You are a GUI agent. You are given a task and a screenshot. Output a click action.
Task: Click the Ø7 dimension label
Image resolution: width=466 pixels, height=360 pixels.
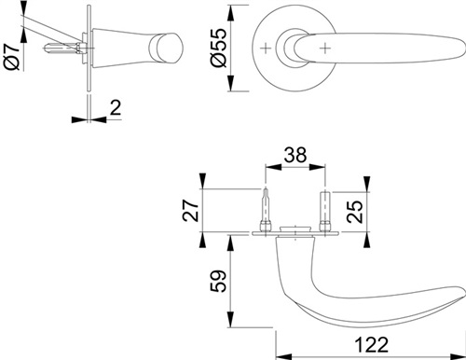tap(11, 57)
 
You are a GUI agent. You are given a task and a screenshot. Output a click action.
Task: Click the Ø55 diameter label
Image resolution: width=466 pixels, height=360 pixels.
tap(218, 48)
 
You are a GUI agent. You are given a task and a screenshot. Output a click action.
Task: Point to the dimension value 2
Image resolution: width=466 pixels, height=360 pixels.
tap(116, 107)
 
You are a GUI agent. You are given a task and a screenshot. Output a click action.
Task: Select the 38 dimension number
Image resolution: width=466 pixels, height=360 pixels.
tap(295, 155)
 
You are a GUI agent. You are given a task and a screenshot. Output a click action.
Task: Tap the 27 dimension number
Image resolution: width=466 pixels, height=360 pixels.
tap(190, 210)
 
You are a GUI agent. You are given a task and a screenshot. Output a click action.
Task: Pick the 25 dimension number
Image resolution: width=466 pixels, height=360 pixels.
tap(354, 212)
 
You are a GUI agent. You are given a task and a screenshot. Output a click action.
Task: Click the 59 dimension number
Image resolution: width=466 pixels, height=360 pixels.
tap(218, 281)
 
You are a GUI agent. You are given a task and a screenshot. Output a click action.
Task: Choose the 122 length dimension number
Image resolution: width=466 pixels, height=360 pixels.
tap(371, 344)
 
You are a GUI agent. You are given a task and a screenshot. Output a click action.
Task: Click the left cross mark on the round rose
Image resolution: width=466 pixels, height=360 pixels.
tap(266, 48)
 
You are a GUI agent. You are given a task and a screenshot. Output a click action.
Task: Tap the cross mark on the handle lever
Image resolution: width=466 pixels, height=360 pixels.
tap(325, 48)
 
